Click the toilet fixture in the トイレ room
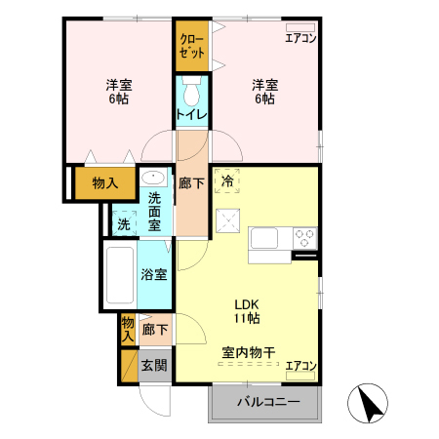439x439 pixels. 191,93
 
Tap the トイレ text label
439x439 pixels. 191,115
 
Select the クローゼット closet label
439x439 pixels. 191,44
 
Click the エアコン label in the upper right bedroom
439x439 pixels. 300,38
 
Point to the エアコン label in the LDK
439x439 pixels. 300,367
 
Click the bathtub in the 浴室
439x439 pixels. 120,275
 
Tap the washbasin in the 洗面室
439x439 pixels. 153,179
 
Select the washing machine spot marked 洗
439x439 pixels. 123,223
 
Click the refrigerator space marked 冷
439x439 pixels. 227,180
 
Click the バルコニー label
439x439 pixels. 266,401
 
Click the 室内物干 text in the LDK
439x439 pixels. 246,351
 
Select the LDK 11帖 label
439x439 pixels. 246,310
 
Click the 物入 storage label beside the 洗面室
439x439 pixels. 105,182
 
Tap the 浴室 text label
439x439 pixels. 154,275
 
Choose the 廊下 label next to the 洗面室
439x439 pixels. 192,181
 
